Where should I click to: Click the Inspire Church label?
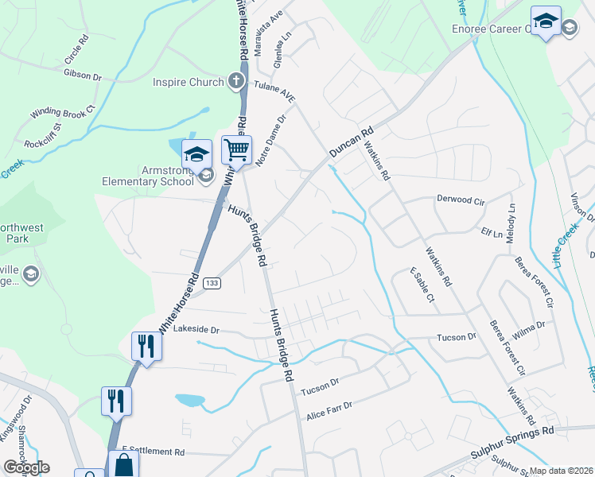pyautogui.click(x=189, y=81)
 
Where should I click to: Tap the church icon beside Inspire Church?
pyautogui.click(x=235, y=80)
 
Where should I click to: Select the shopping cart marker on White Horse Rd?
pyautogui.click(x=236, y=149)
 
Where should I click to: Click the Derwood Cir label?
pyautogui.click(x=461, y=200)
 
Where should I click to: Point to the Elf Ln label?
pyautogui.click(x=492, y=234)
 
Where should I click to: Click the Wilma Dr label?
pyautogui.click(x=529, y=325)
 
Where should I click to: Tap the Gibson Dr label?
pyautogui.click(x=83, y=76)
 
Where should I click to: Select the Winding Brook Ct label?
pyautogui.click(x=63, y=114)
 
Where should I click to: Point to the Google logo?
pyautogui.click(x=26, y=467)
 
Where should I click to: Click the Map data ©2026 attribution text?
pyautogui.click(x=562, y=471)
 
